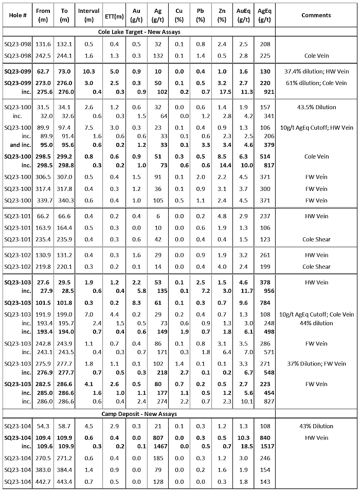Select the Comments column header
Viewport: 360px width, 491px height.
pyautogui.click(x=316, y=15)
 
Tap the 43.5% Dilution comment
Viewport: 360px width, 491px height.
pyautogui.click(x=316, y=107)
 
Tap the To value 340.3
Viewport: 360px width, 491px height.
pyautogui.click(x=64, y=201)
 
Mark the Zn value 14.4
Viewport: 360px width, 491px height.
pyautogui.click(x=222, y=166)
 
